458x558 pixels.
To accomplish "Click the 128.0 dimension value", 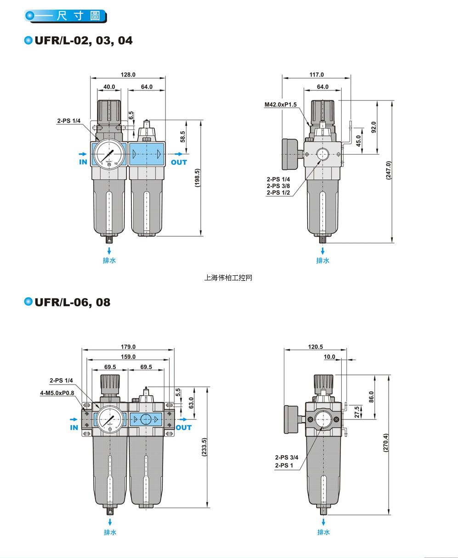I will pos(128,75).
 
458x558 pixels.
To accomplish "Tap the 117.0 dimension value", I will pos(317,75).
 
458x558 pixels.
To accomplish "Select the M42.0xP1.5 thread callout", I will pos(281,105).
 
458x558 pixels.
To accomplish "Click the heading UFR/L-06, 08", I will pos(73,302).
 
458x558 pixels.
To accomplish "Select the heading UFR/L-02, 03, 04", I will pos(84,41).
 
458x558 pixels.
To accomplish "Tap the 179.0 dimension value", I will pos(128,347).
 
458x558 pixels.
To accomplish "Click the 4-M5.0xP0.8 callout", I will pos(57,393).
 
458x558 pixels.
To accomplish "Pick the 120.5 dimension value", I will pos(315,347).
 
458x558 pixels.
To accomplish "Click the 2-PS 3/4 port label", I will pos(287,458).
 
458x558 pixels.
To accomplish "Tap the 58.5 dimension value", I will pos(182,136).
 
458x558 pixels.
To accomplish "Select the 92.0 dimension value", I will pos(373,127).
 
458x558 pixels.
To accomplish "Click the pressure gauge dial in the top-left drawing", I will pos(109,155).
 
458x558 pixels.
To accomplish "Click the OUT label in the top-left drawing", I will pos(179,162).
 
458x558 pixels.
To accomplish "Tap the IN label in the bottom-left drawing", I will pos(74,428).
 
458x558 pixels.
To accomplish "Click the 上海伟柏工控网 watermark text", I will pos(228,278).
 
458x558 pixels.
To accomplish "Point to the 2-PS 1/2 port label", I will pos(278,193).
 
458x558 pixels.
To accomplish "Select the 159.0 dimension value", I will pos(128,357).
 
